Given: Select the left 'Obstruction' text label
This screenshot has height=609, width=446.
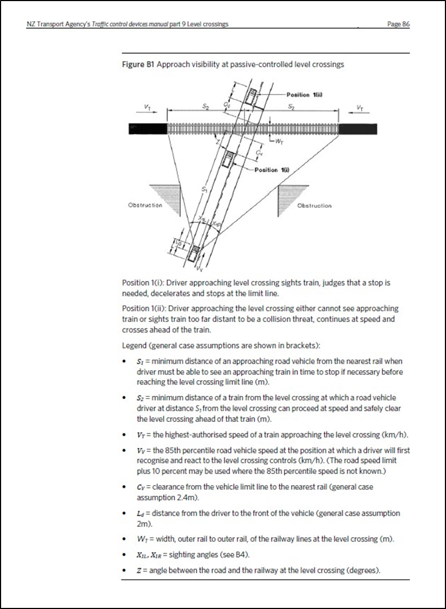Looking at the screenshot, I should [x=144, y=205].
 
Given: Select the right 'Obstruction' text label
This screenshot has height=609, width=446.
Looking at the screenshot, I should [x=314, y=206].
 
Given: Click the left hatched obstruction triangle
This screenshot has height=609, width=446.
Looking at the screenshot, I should [x=161, y=195].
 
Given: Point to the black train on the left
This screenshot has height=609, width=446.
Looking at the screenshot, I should [x=147, y=128].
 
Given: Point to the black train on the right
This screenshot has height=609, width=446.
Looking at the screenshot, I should [x=357, y=128].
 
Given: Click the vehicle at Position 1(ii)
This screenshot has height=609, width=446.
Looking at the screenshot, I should [x=251, y=97].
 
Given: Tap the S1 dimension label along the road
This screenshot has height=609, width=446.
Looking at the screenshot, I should [x=205, y=189].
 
